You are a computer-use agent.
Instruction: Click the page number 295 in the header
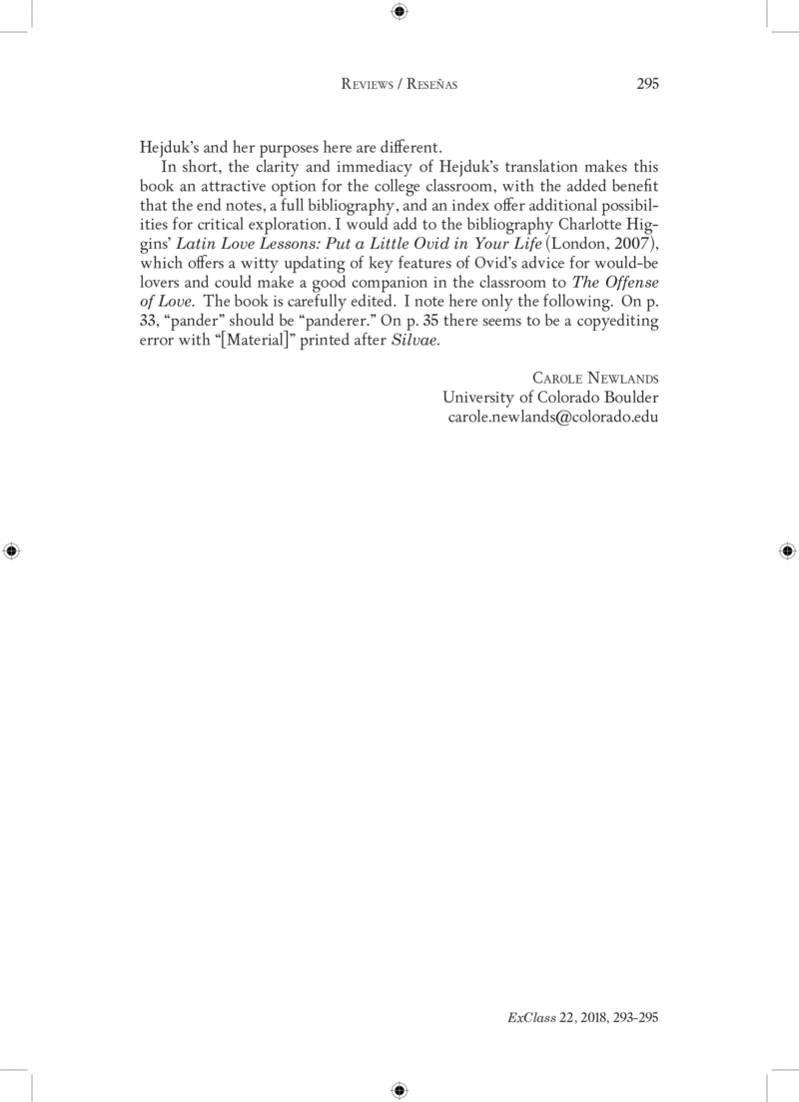point(647,85)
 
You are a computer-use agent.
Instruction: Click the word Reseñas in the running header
point(430,86)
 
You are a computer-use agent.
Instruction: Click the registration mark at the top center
point(399,12)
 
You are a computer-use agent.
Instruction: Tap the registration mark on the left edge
point(12,551)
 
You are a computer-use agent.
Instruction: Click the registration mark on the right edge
point(786,551)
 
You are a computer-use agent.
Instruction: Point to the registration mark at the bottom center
point(399,1089)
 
